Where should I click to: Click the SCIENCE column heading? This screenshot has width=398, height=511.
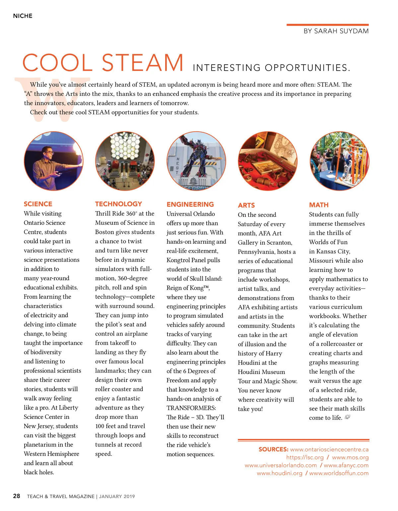38,204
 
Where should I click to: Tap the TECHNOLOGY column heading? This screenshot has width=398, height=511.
118,204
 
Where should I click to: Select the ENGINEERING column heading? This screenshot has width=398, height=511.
190,204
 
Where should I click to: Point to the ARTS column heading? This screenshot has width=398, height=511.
246,205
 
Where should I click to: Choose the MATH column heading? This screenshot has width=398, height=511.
319,205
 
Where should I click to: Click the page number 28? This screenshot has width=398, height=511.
17,496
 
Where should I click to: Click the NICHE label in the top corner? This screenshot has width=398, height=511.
23,16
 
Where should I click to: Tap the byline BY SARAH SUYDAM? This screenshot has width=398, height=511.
336,31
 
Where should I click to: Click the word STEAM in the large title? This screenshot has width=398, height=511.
143,63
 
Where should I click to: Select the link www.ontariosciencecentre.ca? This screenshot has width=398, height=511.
329,450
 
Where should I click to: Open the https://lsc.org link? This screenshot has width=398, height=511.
305,458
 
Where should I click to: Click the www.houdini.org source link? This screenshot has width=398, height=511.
279,473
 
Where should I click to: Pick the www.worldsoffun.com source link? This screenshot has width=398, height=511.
339,473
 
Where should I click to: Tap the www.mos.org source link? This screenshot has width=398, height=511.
350,458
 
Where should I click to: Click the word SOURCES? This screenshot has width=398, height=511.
273,450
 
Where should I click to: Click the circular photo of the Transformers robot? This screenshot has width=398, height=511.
196,161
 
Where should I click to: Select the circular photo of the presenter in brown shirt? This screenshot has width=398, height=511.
53,161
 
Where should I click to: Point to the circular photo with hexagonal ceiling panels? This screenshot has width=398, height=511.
125,161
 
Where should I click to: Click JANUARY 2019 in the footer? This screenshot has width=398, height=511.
117,496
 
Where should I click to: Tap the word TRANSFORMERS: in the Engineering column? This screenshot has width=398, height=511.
191,408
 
